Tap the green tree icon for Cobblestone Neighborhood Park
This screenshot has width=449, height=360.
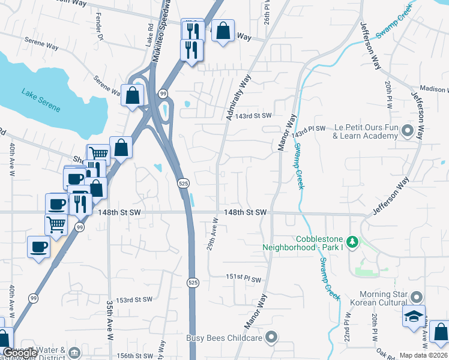coord(354,242)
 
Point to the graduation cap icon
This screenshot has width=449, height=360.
coord(414,317)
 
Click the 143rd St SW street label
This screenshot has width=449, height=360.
coord(253,116)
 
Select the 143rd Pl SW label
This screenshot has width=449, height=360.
coord(309,129)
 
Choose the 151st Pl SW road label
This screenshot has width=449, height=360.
coord(244,279)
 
